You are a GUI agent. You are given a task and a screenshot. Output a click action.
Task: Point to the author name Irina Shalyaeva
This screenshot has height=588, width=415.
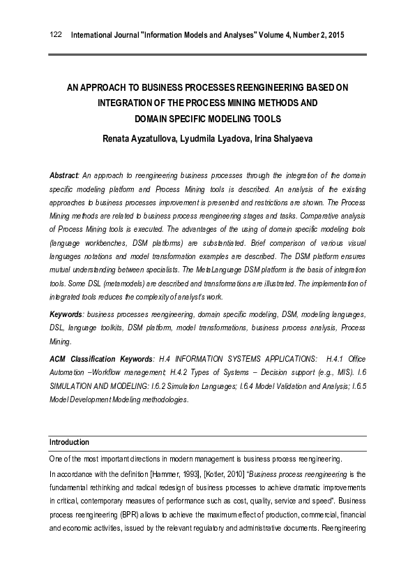pyautogui.click(x=284, y=138)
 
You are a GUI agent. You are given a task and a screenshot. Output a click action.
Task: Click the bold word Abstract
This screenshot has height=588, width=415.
pyautogui.click(x=63, y=175)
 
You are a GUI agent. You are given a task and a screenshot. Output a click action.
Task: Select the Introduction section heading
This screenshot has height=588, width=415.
pyautogui.click(x=69, y=442)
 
